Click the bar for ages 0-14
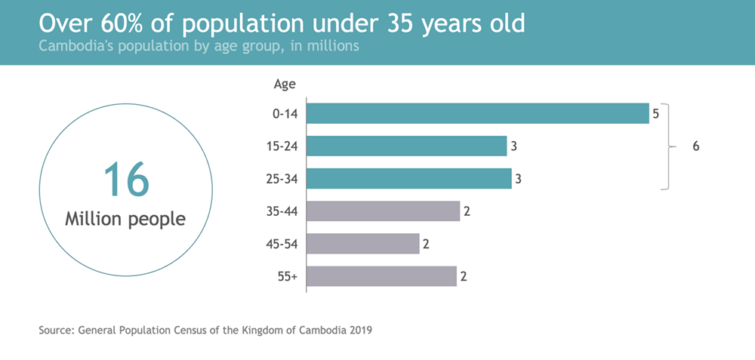pos(478,113)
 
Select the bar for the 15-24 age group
pos(407,146)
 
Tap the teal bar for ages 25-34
pos(409,179)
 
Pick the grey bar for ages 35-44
pos(384,211)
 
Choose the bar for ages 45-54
pos(363,244)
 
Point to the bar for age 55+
pos(382,276)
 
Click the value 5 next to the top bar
pos(656,114)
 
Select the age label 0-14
pos(285,114)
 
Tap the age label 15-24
pos(283,146)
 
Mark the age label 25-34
pos(283,179)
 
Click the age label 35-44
pos(283,211)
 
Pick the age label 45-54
pos(283,244)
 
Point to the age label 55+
pos(288,277)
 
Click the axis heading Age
pos(284,84)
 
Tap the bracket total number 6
pos(696,146)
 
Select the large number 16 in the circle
pos(125,180)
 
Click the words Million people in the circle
pos(125,220)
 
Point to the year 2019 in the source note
pos(359,330)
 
